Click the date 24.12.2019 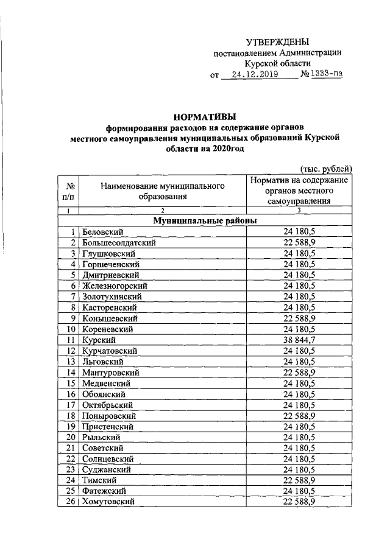click(250, 75)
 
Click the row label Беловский click(103, 232)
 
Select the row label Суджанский click(107, 469)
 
